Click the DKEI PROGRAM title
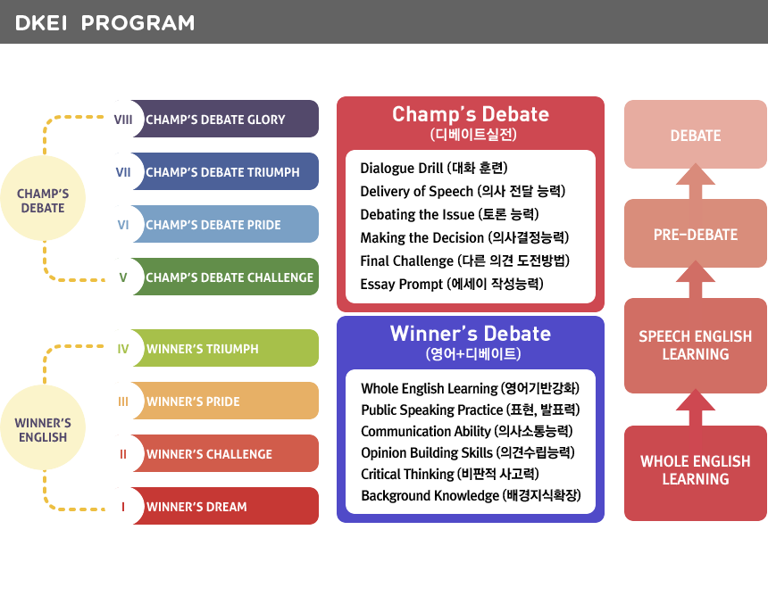104,23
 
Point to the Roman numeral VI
123,225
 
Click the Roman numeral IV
123,349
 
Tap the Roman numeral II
123,454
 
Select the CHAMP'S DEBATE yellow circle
43,198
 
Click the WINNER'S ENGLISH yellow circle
43,427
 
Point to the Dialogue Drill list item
434,168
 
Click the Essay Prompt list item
452,284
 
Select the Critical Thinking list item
449,474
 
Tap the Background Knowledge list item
471,495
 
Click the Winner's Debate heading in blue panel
471,333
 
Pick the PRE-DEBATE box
696,234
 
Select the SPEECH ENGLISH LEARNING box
696,345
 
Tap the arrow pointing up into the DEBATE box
696,181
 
